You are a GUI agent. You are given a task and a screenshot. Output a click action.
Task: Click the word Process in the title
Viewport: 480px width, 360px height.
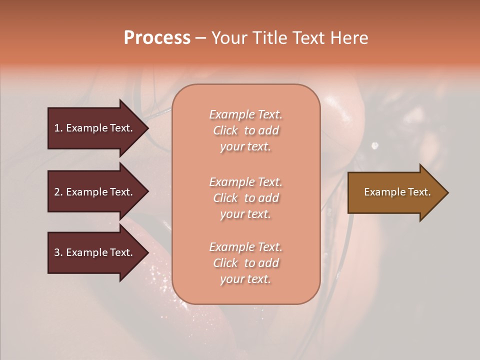click(157, 38)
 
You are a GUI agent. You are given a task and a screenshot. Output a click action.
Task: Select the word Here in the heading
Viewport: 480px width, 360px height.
click(349, 38)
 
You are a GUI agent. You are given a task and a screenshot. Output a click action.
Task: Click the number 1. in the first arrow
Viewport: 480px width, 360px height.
click(58, 128)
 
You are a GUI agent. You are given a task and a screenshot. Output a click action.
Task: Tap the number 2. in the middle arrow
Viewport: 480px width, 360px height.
click(58, 192)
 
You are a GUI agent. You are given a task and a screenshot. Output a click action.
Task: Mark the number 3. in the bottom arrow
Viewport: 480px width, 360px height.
click(58, 252)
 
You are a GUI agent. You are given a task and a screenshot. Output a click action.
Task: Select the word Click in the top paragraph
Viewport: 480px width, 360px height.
click(225, 131)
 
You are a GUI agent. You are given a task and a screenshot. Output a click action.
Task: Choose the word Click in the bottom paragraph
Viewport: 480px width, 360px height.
click(225, 263)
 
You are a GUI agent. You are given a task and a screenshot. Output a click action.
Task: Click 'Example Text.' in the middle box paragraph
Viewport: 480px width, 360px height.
click(245, 182)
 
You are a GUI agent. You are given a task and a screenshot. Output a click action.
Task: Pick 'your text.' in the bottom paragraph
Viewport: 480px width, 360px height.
click(245, 279)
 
